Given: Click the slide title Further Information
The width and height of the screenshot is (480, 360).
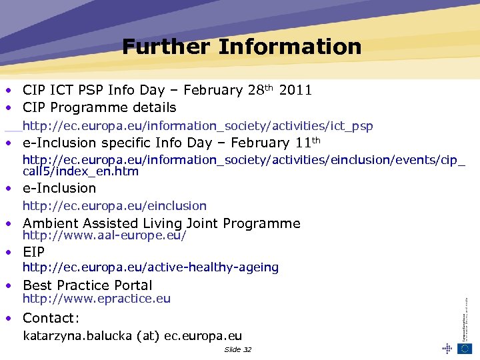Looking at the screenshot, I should pos(241,47).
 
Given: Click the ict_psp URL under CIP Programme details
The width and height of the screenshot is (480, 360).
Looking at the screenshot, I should pos(198,126).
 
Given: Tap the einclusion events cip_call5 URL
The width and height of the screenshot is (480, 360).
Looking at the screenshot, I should pos(244,165).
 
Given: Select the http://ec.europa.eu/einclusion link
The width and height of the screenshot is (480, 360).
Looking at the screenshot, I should pos(115,206).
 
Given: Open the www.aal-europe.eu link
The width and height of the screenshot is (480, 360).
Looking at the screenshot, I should pos(105,236).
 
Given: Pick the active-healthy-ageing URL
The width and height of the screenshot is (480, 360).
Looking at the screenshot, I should pos(151,267).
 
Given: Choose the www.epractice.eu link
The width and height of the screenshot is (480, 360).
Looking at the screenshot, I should pos(97,299).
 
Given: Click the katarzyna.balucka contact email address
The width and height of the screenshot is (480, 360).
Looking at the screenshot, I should pos(133,337).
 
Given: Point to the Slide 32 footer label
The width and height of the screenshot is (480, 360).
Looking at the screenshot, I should pos(238,350).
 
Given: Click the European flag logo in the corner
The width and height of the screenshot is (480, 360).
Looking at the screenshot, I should pos(465,349).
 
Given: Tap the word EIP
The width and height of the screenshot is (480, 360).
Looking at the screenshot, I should pos(34,252).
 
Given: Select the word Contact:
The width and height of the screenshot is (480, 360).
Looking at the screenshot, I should pos(51,318).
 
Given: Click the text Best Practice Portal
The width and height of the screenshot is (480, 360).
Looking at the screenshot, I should pos(87,285).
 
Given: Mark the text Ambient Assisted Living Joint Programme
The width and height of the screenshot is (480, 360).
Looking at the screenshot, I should pos(161,223).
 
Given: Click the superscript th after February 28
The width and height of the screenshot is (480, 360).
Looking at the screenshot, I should pos(269,87).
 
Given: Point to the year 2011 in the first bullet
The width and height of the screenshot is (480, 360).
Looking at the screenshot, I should pos(296,90).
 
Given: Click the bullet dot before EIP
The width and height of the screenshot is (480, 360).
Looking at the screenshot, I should pos(9,253).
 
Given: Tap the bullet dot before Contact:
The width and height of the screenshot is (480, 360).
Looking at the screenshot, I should pos(9,319).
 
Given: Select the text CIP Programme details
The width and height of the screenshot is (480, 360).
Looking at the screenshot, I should pos(99,107).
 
